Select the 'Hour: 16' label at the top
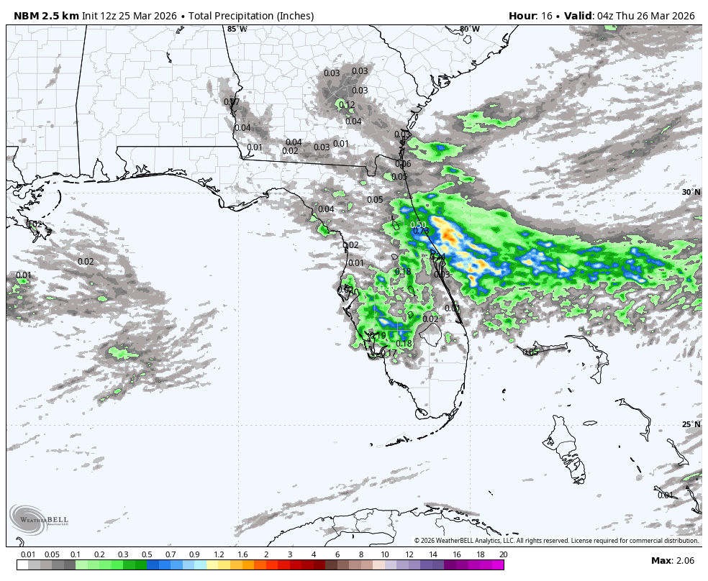(x=532, y=16)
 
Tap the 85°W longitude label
(x=237, y=29)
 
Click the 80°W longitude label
(x=469, y=29)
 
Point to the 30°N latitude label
(x=691, y=193)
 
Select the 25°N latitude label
(x=691, y=424)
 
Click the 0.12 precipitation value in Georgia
(x=347, y=105)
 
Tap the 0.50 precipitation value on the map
(x=418, y=225)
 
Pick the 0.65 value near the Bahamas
(x=530, y=352)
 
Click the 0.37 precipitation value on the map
(x=231, y=102)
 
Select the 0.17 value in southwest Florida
(x=389, y=353)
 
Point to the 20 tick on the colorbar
(x=503, y=554)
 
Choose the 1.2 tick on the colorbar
(x=219, y=554)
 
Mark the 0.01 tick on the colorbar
(x=28, y=554)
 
